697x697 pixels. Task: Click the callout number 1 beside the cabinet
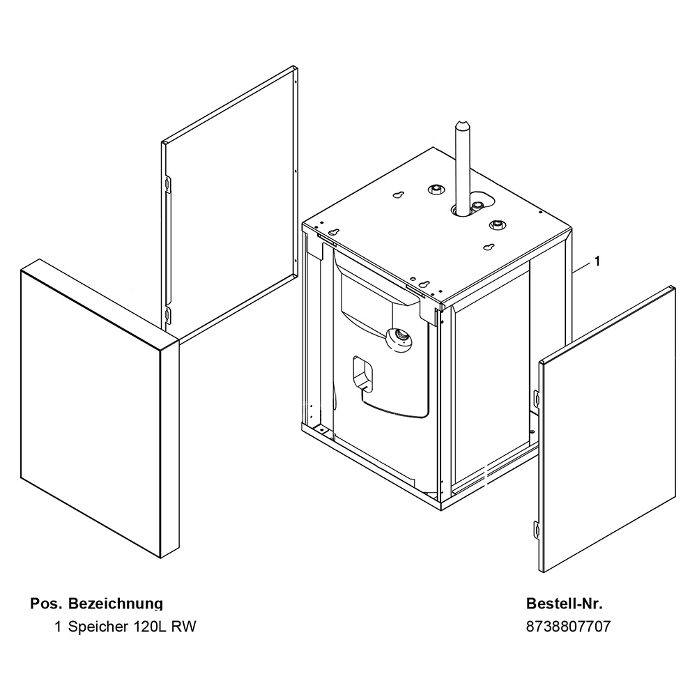(x=597, y=261)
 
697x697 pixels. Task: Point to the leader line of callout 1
(x=581, y=268)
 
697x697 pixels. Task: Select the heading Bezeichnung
(x=116, y=604)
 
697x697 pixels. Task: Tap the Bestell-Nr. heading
(x=564, y=604)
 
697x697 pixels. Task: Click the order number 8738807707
(x=568, y=627)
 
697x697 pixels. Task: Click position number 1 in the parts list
(x=58, y=627)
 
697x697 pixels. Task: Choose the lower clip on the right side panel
(x=537, y=529)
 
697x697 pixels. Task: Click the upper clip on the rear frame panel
(x=167, y=183)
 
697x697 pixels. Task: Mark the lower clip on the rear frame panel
(x=167, y=315)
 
